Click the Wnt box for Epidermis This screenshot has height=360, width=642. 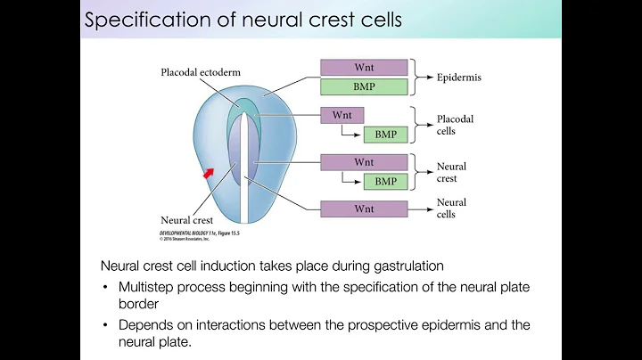point(364,68)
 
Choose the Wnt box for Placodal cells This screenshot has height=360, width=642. point(342,116)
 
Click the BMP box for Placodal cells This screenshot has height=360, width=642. point(385,135)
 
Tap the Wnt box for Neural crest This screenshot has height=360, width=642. point(364,162)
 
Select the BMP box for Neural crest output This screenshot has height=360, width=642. point(385,181)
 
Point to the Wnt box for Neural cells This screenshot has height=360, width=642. point(364,209)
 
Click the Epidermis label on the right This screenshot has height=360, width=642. point(460,78)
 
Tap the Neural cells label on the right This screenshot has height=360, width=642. point(451,209)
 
